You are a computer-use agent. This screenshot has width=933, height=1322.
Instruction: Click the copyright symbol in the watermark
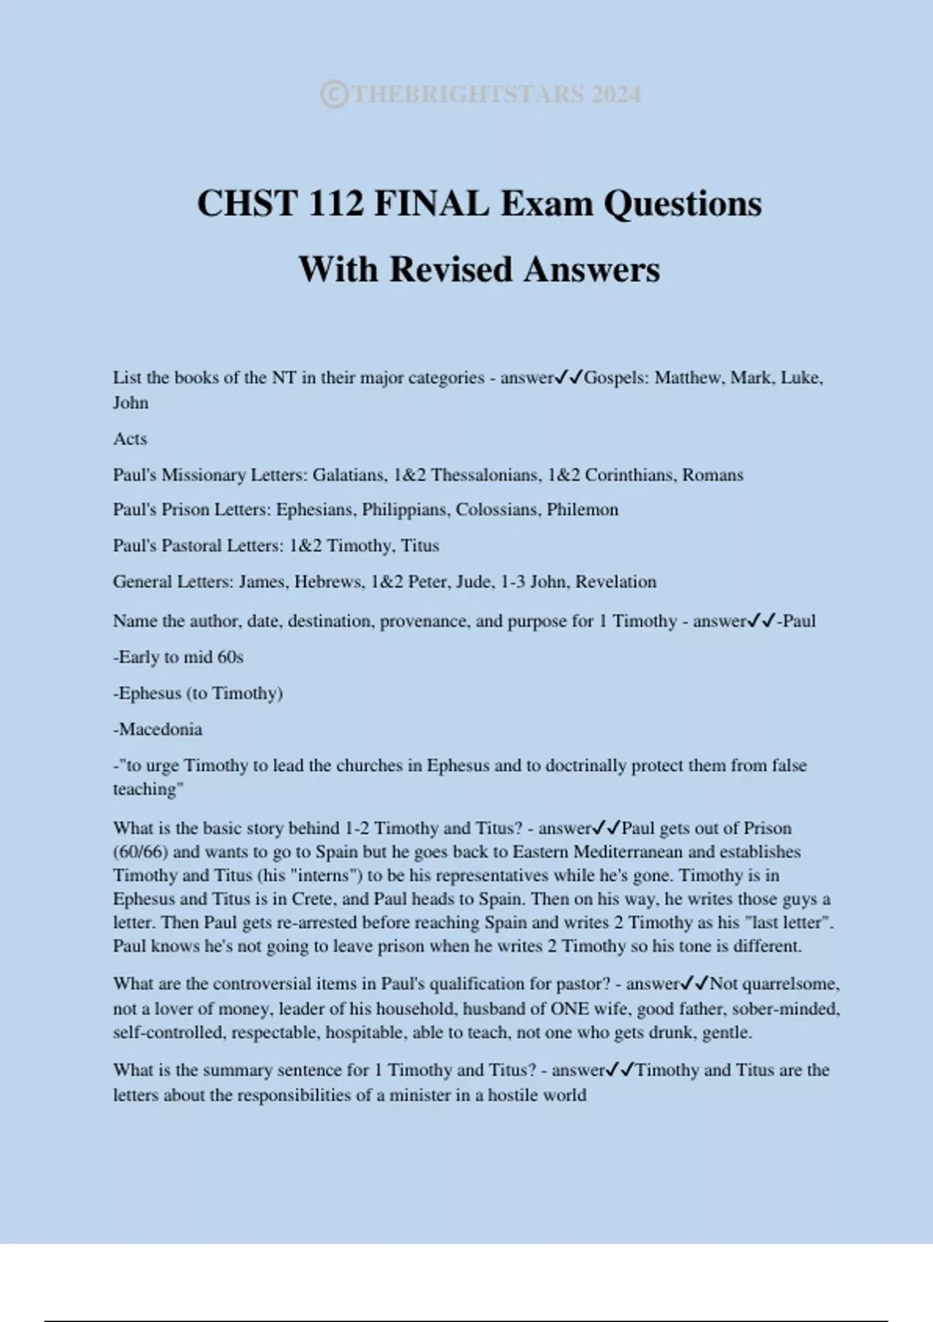tap(334, 94)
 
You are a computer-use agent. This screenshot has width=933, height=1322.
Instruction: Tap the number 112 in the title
tap(336, 204)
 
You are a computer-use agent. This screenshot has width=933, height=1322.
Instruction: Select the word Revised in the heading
tap(450, 270)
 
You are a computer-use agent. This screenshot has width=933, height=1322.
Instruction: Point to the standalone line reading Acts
tap(130, 439)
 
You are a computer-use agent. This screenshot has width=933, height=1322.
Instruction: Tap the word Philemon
tap(582, 509)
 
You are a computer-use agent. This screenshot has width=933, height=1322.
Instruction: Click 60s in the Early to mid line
tap(230, 657)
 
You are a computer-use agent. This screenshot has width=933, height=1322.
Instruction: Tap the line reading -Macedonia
tap(158, 729)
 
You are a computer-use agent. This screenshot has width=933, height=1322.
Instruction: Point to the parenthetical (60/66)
tap(141, 852)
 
